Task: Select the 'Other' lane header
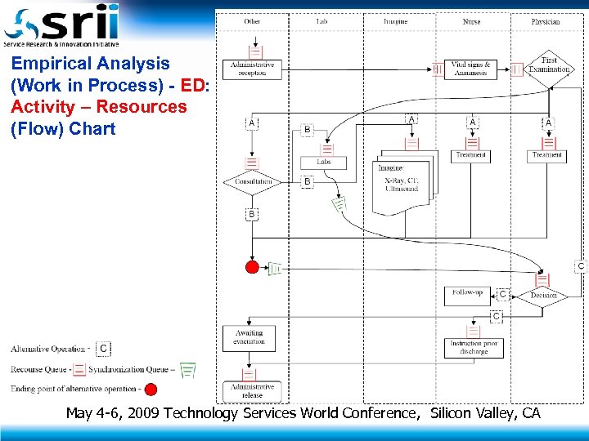coord(252,21)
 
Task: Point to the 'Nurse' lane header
coord(471,21)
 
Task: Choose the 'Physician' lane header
coord(546,21)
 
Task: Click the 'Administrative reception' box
coord(253,69)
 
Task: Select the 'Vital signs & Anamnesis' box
coord(470,69)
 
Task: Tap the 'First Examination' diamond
coord(549,65)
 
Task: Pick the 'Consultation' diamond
coord(252,181)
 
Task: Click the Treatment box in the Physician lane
coord(547,154)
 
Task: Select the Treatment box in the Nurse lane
coord(470,154)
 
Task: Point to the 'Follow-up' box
coord(467,294)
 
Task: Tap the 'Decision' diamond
coord(543,296)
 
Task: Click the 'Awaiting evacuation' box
coord(249,337)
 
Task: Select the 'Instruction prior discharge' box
coord(468,347)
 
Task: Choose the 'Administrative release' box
coord(252,390)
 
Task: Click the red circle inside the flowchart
coord(253,268)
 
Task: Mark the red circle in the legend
coord(151,389)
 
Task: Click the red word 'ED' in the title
coord(193,85)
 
